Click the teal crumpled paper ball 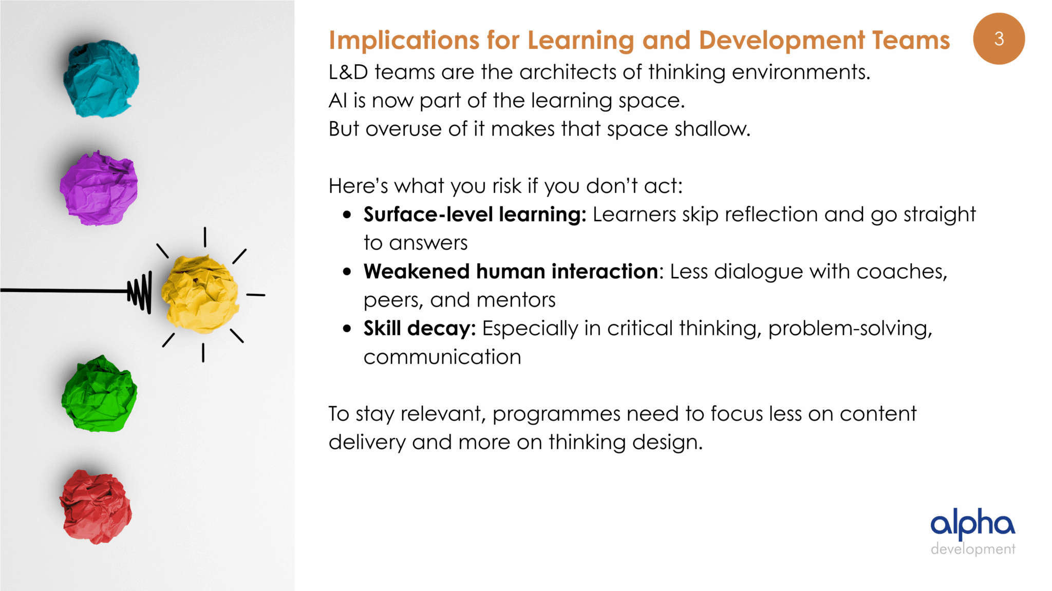tap(101, 79)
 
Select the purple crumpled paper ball tap(99, 188)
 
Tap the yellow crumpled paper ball tap(200, 294)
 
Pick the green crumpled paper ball tap(99, 394)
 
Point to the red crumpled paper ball tap(96, 507)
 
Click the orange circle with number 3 tap(999, 39)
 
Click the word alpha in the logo tap(973, 524)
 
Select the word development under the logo tap(973, 549)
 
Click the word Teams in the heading tap(911, 40)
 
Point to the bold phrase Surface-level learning tap(475, 215)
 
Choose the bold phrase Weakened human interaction tap(511, 272)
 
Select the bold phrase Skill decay tap(420, 329)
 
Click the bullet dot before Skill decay tap(347, 329)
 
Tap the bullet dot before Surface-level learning tap(347, 215)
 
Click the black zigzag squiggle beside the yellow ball tap(140, 292)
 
